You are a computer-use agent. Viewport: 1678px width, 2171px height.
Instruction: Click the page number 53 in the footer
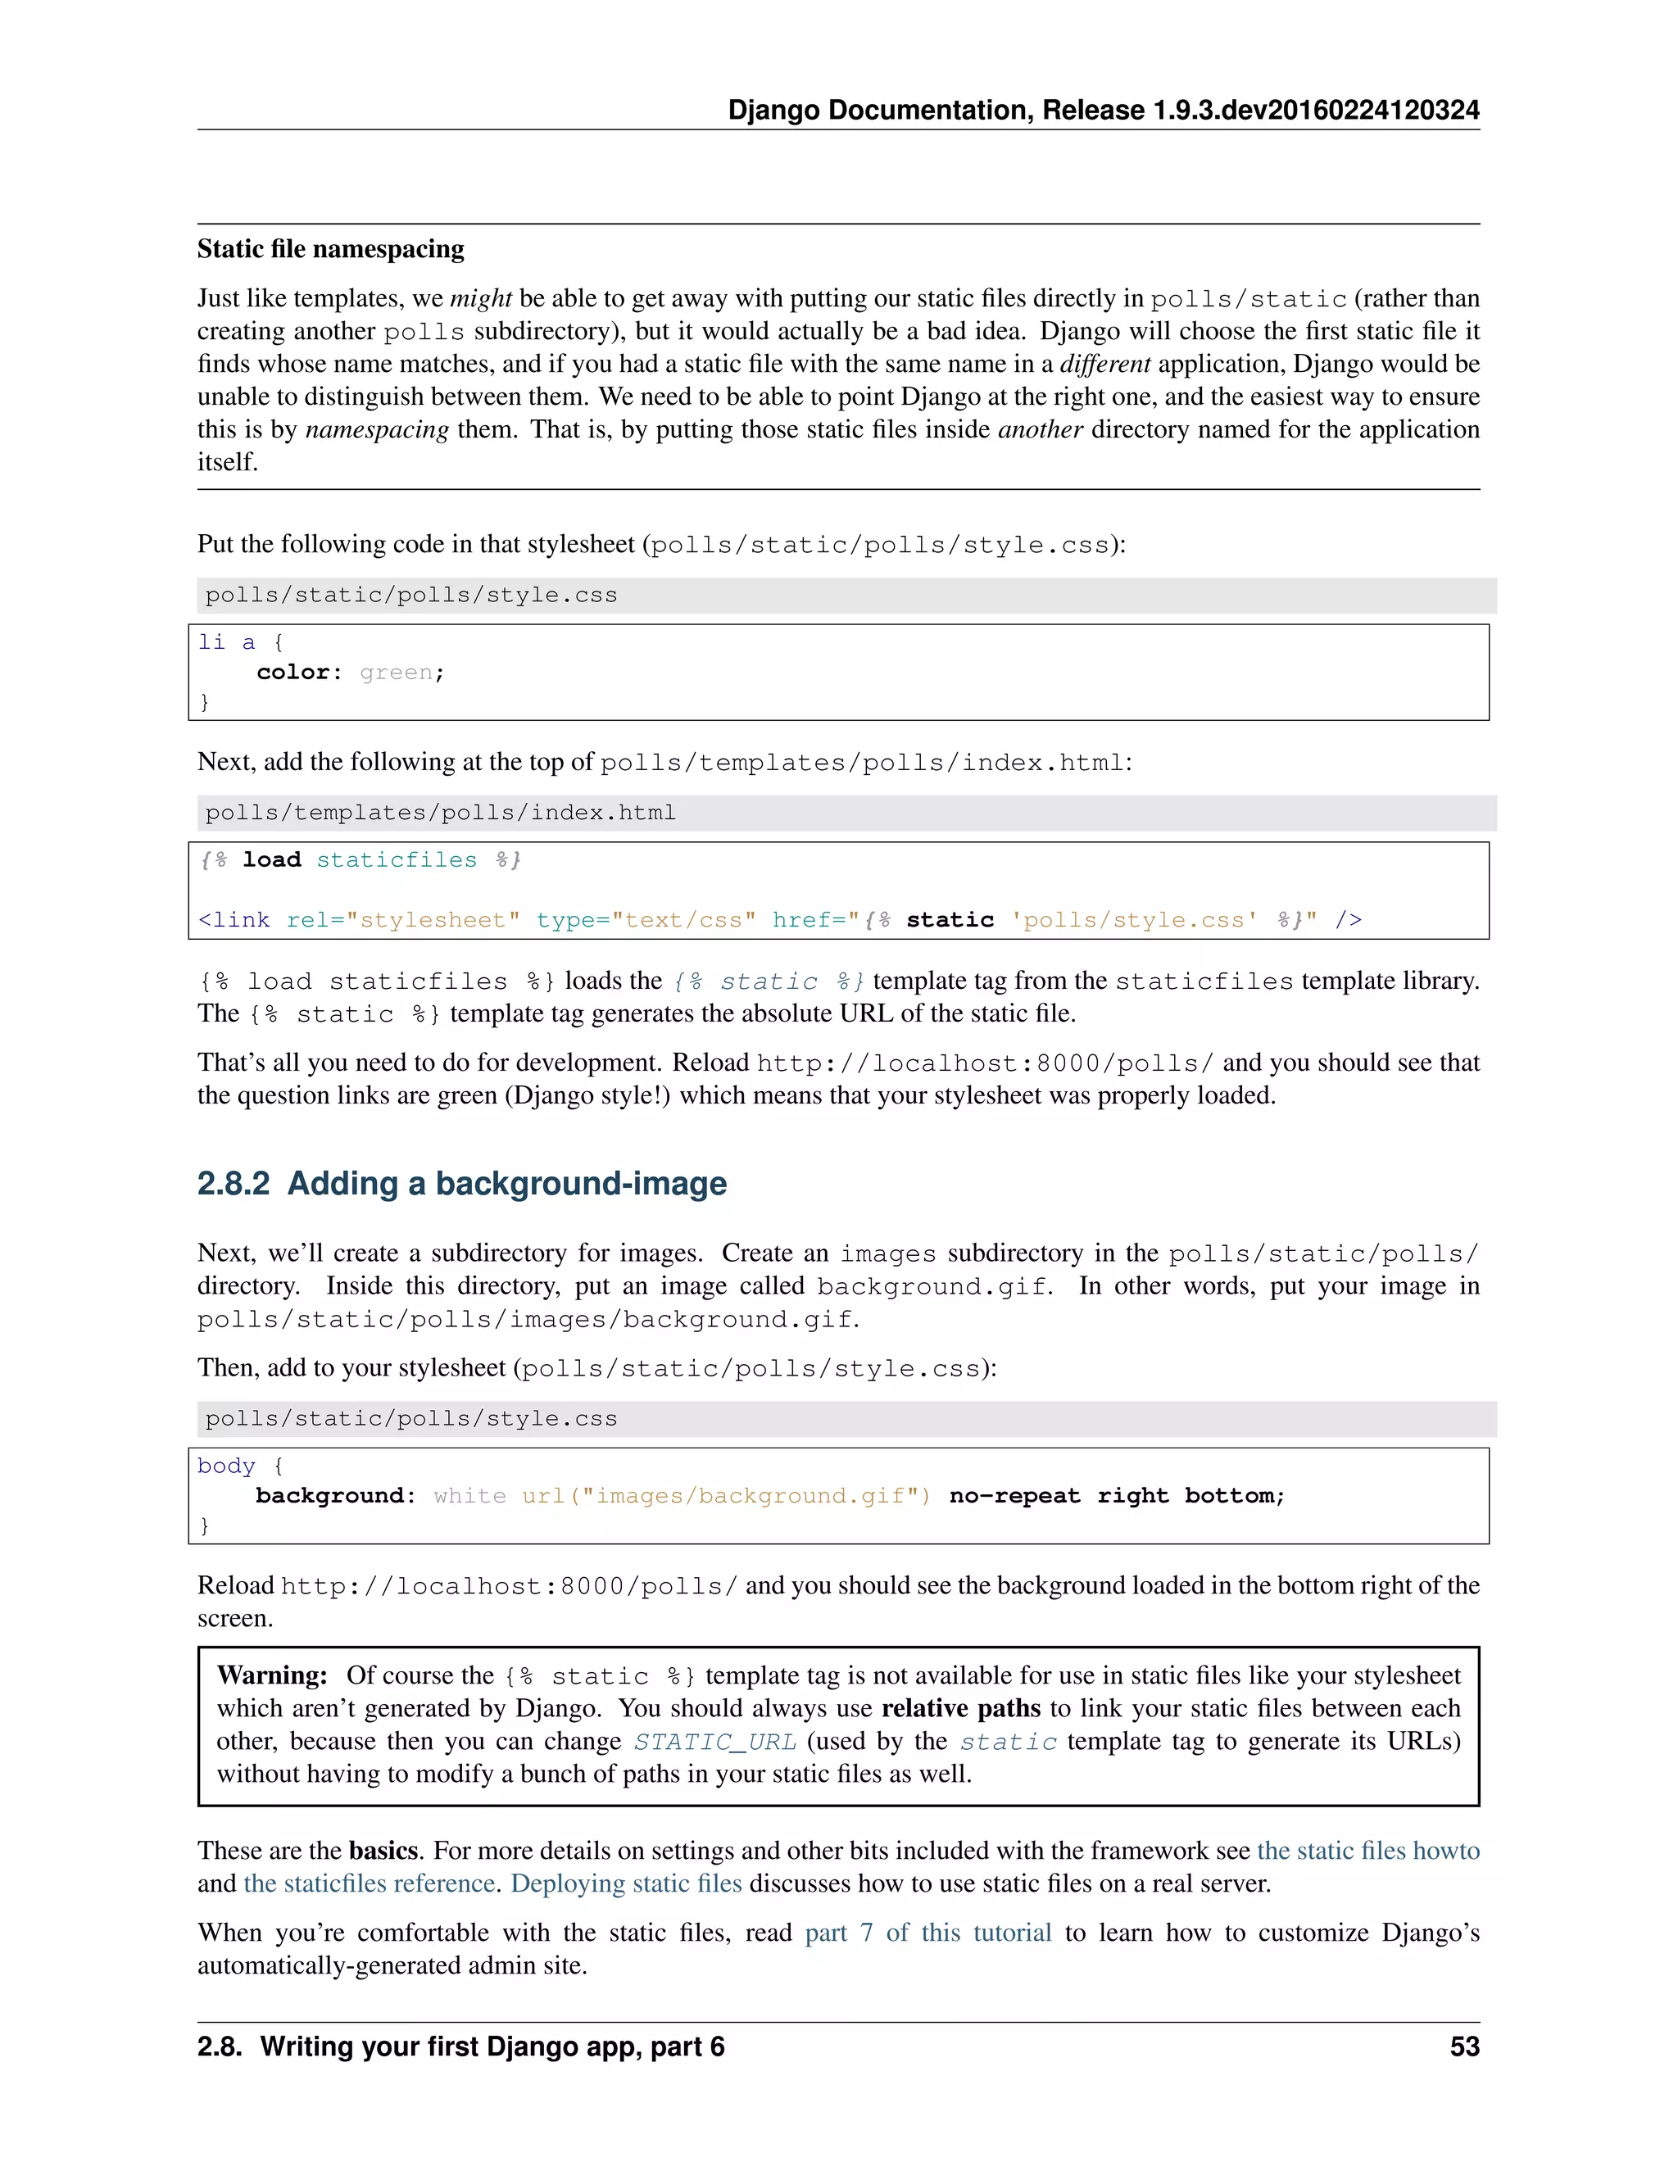click(1463, 2046)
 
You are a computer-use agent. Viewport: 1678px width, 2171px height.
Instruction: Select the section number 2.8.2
click(233, 1183)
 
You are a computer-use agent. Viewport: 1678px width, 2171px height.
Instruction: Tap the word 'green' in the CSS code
click(396, 673)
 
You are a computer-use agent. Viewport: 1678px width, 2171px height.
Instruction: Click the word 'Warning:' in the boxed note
click(271, 1676)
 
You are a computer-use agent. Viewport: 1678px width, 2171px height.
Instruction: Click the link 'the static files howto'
click(1367, 1851)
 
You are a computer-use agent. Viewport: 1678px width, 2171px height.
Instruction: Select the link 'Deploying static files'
click(626, 1883)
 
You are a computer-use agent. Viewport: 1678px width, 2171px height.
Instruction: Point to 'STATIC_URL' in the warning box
click(714, 1743)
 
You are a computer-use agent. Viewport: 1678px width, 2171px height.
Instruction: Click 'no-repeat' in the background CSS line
click(1014, 1496)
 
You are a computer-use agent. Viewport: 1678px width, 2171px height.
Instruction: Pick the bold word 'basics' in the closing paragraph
click(383, 1851)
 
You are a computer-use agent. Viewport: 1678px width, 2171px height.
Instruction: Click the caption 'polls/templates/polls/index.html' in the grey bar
click(440, 814)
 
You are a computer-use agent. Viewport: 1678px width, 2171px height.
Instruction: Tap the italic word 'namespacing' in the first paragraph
click(377, 429)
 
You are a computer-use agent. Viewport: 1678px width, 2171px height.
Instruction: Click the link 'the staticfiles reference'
click(369, 1883)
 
